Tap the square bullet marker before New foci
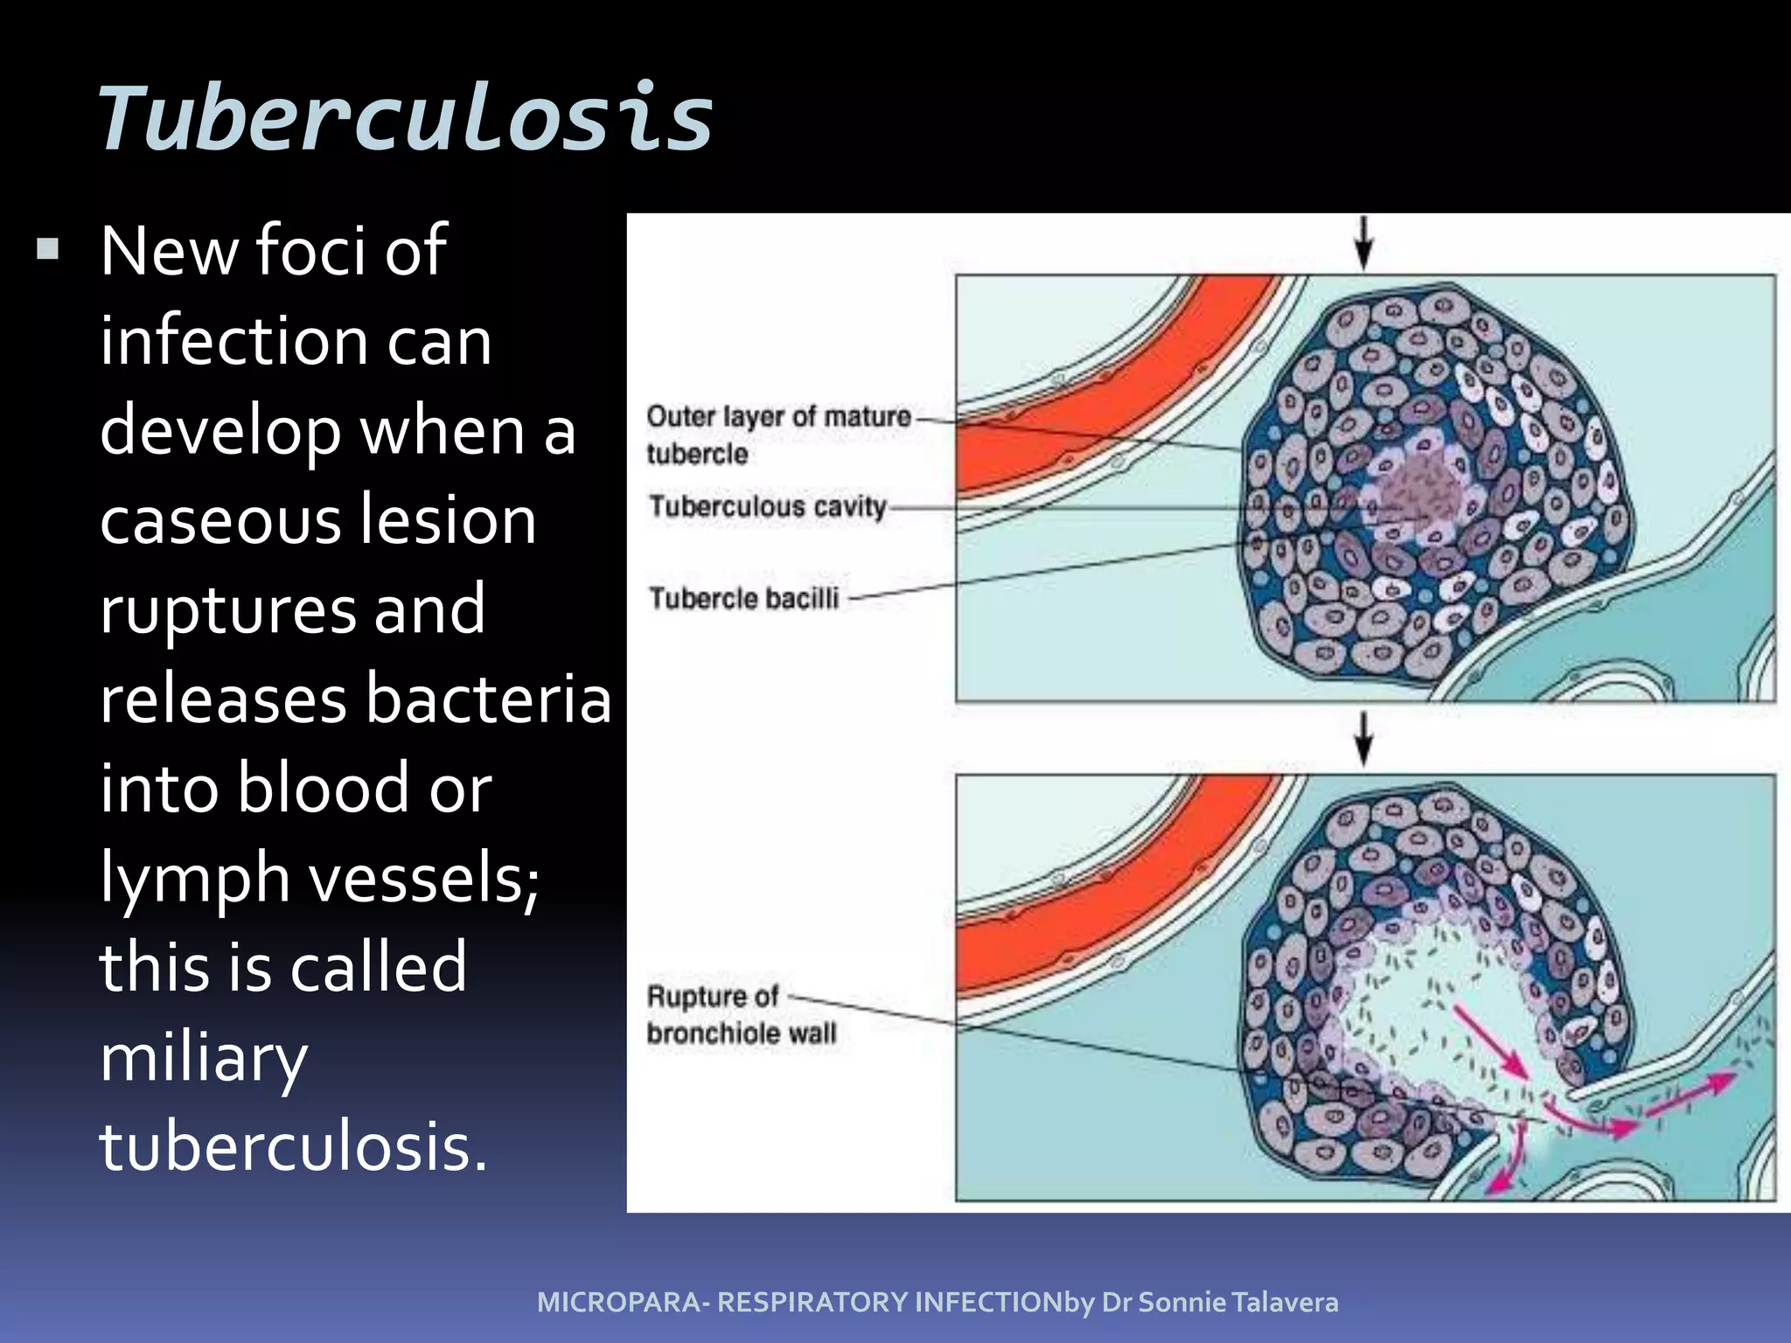pos(48,251)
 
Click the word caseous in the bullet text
pos(219,520)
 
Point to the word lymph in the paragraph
pos(194,879)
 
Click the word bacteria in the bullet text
pos(487,699)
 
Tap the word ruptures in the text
pos(227,610)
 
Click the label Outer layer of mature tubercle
pos(777,434)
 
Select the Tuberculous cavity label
pos(767,506)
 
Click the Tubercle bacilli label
pos(743,598)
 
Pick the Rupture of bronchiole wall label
pos(741,1014)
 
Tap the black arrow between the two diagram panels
pos(1363,739)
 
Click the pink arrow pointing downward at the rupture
pos(1509,1163)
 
